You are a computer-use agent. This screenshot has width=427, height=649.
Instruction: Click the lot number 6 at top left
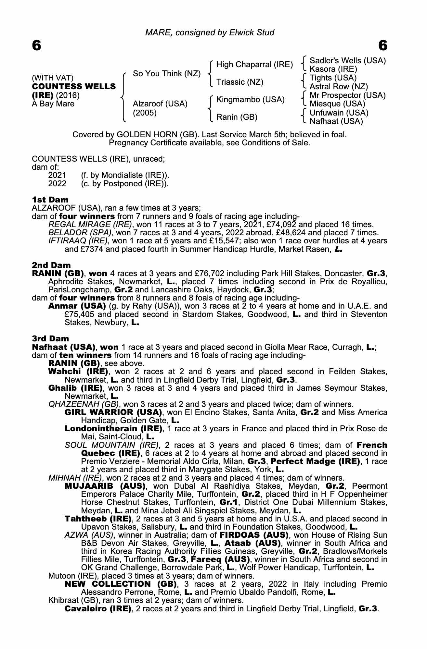coord(37,46)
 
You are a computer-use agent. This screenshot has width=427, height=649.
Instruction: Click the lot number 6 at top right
coord(383,46)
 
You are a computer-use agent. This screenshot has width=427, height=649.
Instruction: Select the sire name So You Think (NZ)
coord(167,74)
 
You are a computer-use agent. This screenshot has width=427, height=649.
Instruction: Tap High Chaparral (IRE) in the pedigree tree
coord(254,65)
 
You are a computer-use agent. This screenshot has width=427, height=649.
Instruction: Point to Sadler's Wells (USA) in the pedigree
coord(347,61)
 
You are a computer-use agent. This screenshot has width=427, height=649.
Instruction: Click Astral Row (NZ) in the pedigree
coord(339,87)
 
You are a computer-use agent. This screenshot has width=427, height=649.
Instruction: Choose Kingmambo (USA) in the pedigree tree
coord(250,100)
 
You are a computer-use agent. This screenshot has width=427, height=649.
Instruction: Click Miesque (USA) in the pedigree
coord(337,104)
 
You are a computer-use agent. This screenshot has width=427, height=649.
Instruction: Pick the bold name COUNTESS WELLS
coord(74,87)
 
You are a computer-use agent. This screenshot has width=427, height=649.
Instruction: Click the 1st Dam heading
coord(50,200)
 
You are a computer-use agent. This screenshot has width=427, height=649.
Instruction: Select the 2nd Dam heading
coord(51,265)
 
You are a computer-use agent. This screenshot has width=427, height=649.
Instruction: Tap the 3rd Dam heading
coord(50,339)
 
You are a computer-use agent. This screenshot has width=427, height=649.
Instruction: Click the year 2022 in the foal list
coord(57,184)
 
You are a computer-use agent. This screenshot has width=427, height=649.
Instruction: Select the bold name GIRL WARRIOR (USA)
coord(113,412)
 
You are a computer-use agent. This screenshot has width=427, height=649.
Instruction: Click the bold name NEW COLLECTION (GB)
coord(121,584)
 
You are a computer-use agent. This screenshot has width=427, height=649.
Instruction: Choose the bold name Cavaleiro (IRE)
coord(98,608)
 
